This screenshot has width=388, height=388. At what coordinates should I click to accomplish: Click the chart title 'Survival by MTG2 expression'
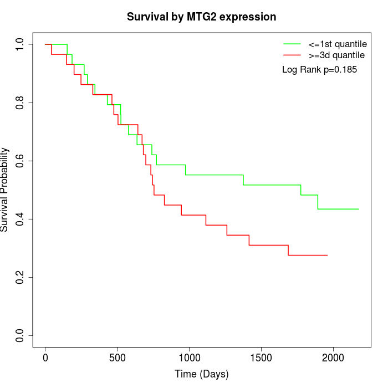[201, 17]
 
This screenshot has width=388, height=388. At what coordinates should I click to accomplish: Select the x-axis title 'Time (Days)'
[201, 374]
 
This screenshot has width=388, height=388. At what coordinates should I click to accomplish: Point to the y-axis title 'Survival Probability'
[5, 190]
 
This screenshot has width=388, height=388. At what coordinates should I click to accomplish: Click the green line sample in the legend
[292, 43]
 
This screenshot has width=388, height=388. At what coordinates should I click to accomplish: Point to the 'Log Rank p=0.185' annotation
[319, 70]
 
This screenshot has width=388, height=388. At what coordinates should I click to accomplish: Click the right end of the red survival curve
[328, 255]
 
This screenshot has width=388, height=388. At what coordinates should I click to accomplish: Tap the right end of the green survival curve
[359, 209]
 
